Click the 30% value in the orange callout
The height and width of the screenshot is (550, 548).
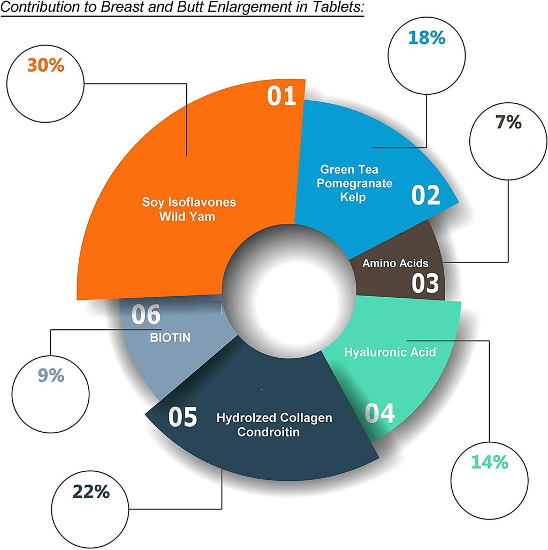coord(45,65)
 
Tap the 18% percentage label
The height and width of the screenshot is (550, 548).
coord(427,37)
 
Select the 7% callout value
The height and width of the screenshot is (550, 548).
coord(508,122)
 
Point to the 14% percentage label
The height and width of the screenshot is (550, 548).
coord(490,462)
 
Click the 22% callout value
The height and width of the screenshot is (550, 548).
coord(91,492)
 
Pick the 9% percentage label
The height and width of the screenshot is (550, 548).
coord(51,375)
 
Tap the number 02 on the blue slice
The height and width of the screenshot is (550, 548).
coord(425,195)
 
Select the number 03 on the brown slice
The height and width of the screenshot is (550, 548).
coord(425,283)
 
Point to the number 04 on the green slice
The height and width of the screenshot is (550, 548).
coord(380,413)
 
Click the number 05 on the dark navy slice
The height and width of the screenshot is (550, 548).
coord(182,417)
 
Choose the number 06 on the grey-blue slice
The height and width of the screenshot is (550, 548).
coord(146,314)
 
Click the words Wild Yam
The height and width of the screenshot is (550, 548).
coord(187,216)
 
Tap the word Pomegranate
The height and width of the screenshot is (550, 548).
coord(354,184)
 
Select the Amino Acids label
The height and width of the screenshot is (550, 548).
coord(395,263)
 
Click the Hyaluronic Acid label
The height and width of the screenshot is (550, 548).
coord(390,352)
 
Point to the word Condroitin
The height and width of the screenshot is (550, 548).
coord(268,432)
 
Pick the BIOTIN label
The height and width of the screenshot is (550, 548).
coord(170,337)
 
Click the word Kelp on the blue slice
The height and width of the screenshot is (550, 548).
coord(353,197)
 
